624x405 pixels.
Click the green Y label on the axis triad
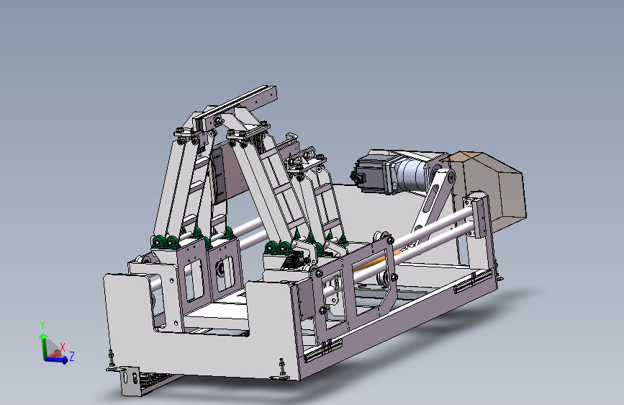(x=42, y=325)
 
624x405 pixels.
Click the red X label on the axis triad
(x=63, y=347)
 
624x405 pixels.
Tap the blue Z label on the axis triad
(x=72, y=356)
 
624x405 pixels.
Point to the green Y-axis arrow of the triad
(x=43, y=345)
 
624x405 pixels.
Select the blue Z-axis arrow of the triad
(x=56, y=360)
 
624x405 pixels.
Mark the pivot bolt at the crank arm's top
(x=451, y=177)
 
